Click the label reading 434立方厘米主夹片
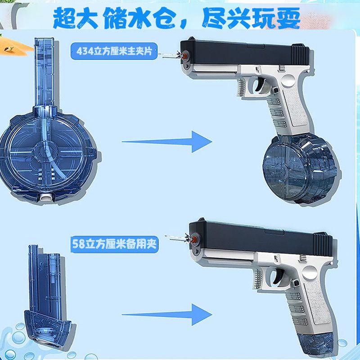pyautogui.click(x=114, y=51)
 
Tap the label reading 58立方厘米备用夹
pyautogui.click(x=114, y=244)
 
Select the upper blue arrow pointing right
pyautogui.click(x=167, y=142)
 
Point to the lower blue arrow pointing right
pyautogui.click(x=167, y=315)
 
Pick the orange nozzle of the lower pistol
pyautogui.click(x=194, y=239)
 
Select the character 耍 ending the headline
pyautogui.click(x=288, y=18)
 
